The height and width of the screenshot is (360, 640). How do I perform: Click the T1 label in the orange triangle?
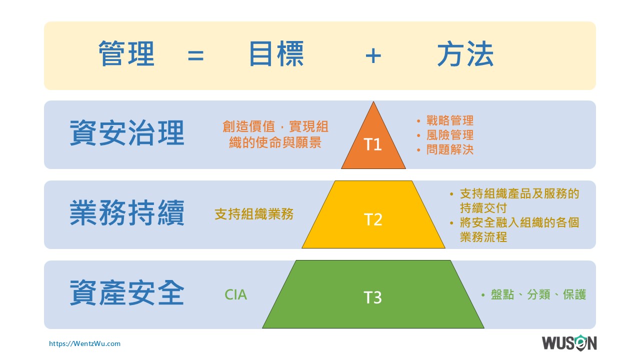(372, 144)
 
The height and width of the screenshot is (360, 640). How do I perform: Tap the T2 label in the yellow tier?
(373, 219)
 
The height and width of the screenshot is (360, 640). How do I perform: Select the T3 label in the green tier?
(372, 297)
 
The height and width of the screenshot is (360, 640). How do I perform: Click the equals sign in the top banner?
(195, 55)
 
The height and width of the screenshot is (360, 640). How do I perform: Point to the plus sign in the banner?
(373, 55)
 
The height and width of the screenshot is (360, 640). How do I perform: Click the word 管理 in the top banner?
(126, 53)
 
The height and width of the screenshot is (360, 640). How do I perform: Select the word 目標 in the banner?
(276, 53)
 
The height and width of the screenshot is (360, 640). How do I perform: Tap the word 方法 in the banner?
(465, 53)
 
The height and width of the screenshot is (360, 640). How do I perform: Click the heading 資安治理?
(127, 133)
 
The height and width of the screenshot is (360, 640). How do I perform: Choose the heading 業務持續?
(127, 213)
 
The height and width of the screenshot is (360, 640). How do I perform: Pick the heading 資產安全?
(127, 293)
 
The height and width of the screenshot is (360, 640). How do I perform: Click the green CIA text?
(235, 295)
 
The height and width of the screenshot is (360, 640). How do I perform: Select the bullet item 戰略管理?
(450, 120)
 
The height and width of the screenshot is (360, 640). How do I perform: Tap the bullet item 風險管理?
(450, 135)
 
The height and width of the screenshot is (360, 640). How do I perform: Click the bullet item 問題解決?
(450, 149)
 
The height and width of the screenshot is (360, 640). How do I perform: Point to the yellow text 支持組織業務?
(254, 214)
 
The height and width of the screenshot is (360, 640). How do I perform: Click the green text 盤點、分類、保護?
(538, 294)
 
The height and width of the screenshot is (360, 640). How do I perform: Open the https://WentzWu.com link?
(84, 343)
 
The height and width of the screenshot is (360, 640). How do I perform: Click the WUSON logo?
(569, 343)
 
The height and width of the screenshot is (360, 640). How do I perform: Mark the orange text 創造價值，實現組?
(275, 126)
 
